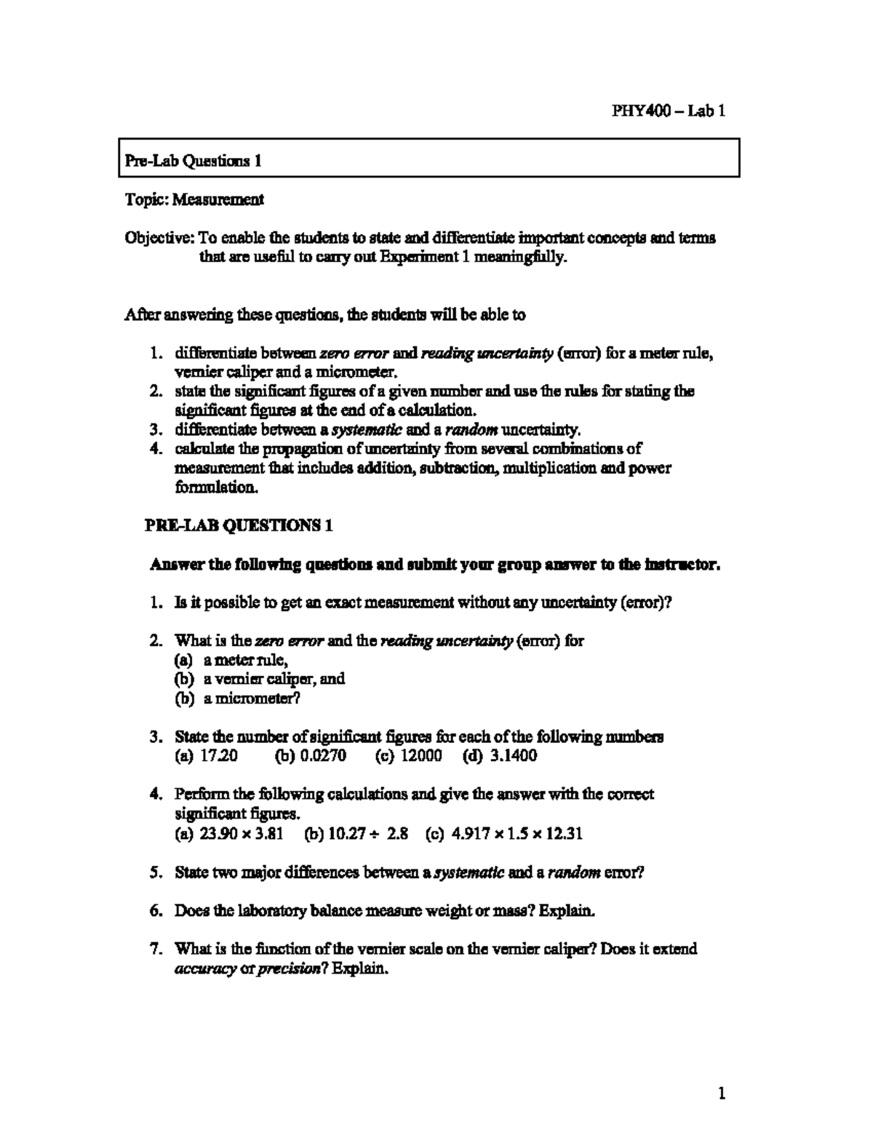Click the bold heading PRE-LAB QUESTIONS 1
(x=241, y=525)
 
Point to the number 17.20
(x=218, y=755)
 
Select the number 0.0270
(x=320, y=755)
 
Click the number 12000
(x=421, y=755)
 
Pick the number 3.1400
(x=513, y=755)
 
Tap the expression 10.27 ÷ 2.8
(x=368, y=833)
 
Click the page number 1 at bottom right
(x=722, y=1094)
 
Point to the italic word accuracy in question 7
(x=205, y=968)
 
